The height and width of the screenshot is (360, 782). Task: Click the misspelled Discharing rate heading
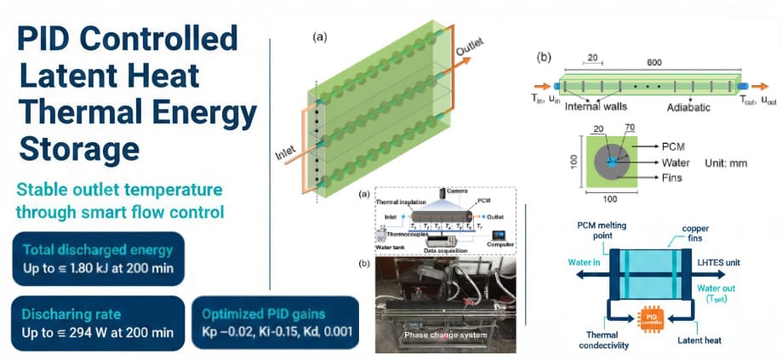(x=72, y=314)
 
